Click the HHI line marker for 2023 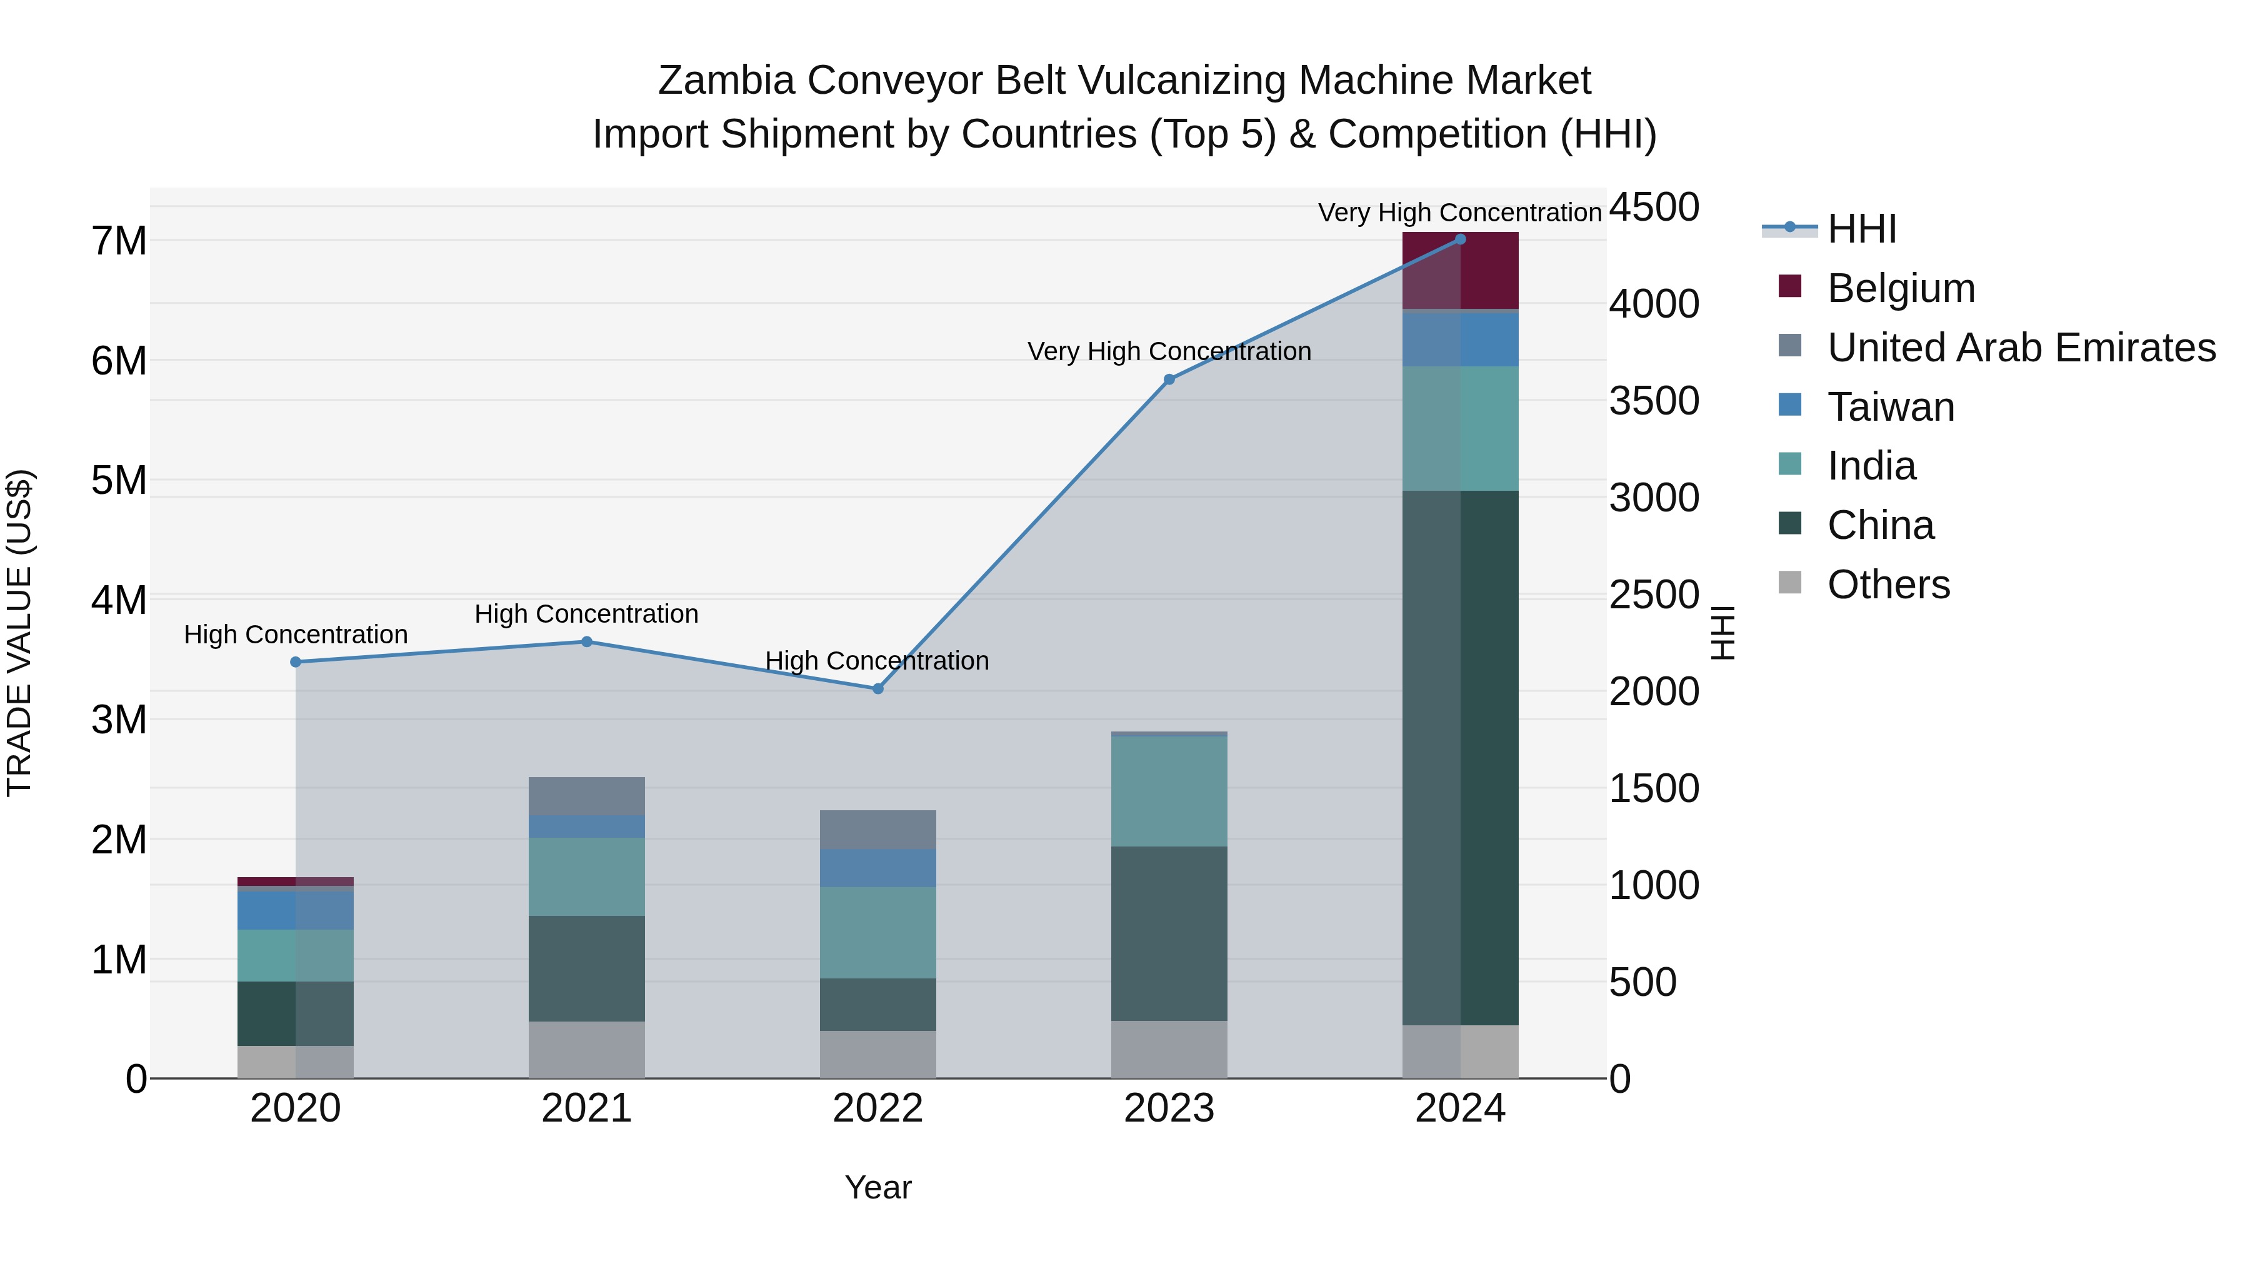1169,379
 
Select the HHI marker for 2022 878,688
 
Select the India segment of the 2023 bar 1169,791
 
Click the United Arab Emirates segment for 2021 586,796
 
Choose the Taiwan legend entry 1889,407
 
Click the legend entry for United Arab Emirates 2020,348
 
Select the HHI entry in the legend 1861,229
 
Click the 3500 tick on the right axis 1653,401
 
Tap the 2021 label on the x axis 586,1108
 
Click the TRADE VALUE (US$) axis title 20,633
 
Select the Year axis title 878,1187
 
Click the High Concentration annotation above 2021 586,614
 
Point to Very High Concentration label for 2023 1169,351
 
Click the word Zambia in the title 726,81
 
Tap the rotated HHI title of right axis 1722,633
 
